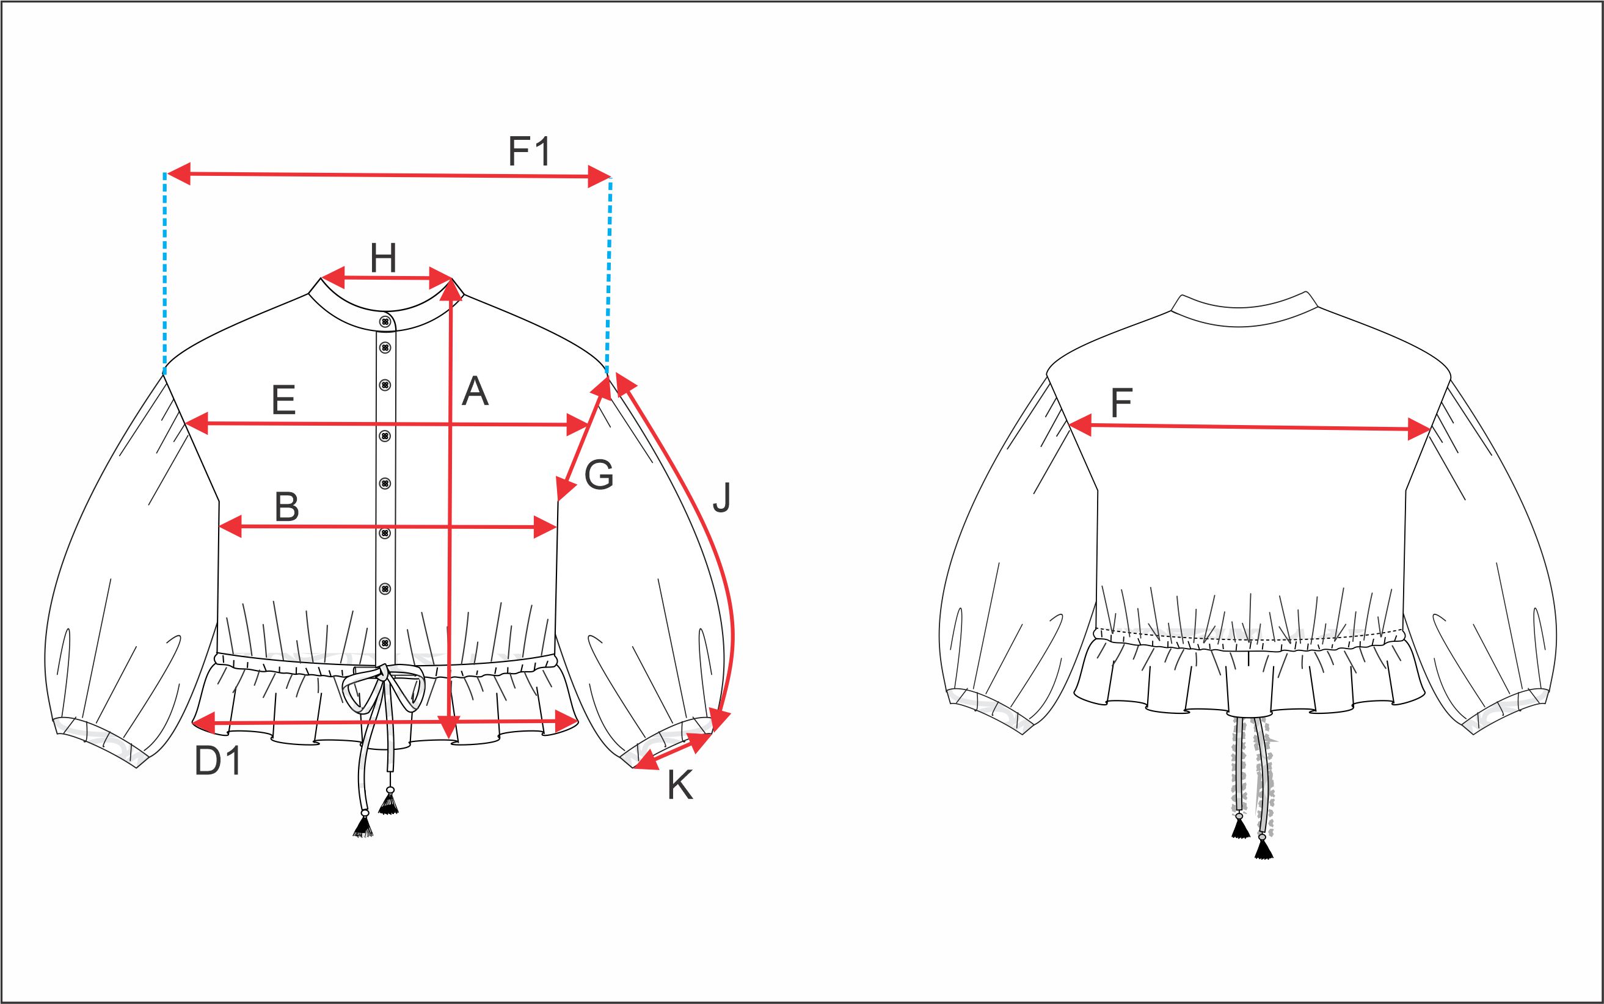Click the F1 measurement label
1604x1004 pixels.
(530, 151)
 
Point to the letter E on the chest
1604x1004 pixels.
(283, 401)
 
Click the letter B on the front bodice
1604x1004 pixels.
(286, 507)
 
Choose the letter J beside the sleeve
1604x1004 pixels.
(721, 497)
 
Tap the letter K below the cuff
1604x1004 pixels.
(680, 785)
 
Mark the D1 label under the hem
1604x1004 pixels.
(218, 761)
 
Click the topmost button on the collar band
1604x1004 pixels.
(385, 322)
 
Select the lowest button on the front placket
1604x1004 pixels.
(385, 643)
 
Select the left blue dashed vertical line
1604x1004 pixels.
(164, 273)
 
